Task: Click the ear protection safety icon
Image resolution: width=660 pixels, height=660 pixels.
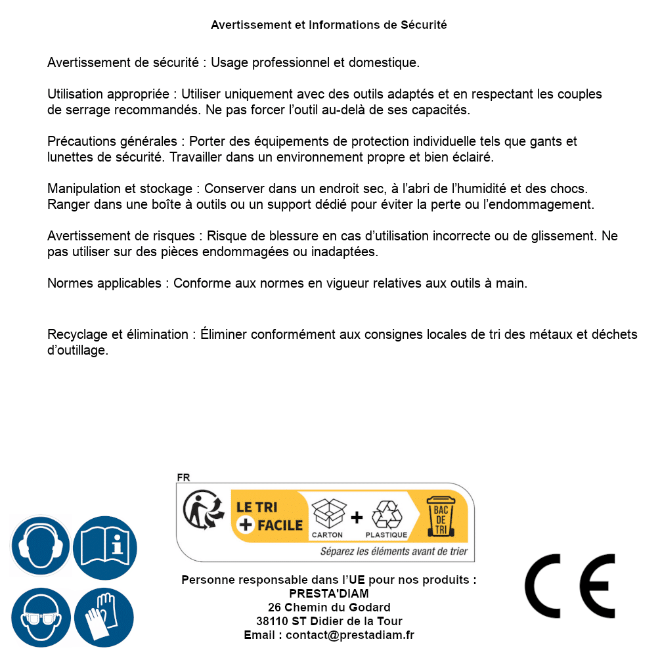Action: (x=39, y=546)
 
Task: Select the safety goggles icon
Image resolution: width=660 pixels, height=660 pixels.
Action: (x=39, y=617)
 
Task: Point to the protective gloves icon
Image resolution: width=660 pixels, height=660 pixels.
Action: (x=104, y=617)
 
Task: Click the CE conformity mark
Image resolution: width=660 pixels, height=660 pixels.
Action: (x=570, y=586)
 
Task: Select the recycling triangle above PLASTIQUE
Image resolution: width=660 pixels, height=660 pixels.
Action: (x=386, y=515)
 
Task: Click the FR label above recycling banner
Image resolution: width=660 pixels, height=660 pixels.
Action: (x=183, y=477)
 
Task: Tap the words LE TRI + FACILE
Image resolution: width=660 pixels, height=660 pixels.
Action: (x=269, y=516)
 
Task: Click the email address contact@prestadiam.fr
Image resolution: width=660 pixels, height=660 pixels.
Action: (x=350, y=635)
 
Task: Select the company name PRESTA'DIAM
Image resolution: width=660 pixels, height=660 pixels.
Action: (x=329, y=594)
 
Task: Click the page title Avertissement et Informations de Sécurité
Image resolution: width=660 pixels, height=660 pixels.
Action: (x=329, y=25)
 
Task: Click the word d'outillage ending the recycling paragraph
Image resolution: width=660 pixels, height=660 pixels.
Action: (x=77, y=351)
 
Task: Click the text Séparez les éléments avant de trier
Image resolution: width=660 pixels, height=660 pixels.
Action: (x=394, y=552)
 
